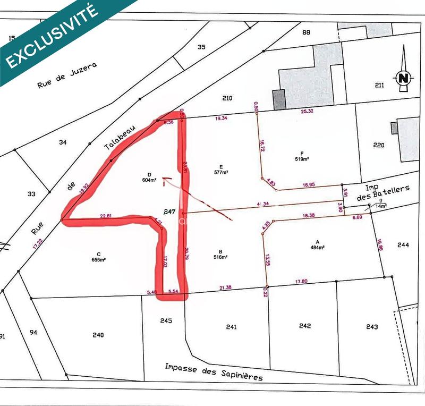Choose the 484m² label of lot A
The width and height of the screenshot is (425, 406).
tap(318, 247)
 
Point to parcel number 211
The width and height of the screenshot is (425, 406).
tap(379, 85)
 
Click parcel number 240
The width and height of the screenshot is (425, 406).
tap(98, 335)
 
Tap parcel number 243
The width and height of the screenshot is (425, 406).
tap(372, 326)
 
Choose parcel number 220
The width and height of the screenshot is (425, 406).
tap(379, 145)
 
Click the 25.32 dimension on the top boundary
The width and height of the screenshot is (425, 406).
tap(307, 111)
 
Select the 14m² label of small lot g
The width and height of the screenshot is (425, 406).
tap(381, 206)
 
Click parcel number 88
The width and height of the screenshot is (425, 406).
tap(305, 32)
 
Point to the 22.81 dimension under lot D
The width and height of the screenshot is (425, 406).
tap(106, 216)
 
